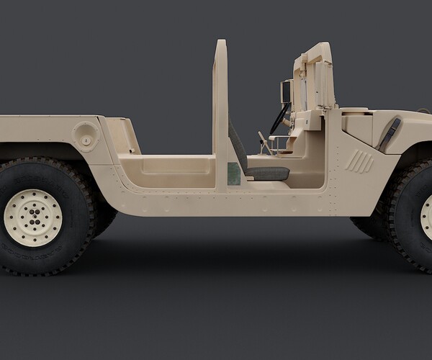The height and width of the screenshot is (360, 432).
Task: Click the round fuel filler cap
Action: click(x=86, y=136)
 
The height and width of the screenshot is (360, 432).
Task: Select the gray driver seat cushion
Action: click(x=267, y=173)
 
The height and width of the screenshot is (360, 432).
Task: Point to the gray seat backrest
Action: click(x=237, y=148)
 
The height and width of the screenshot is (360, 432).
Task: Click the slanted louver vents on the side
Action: click(x=359, y=162)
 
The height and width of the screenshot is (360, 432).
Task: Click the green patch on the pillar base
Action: click(x=233, y=174)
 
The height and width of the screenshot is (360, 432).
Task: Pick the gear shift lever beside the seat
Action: click(x=264, y=142)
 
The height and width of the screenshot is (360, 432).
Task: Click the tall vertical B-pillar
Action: click(x=221, y=101)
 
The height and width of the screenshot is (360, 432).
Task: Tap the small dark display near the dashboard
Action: click(x=286, y=91)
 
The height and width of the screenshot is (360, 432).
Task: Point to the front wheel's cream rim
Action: click(x=426, y=216)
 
